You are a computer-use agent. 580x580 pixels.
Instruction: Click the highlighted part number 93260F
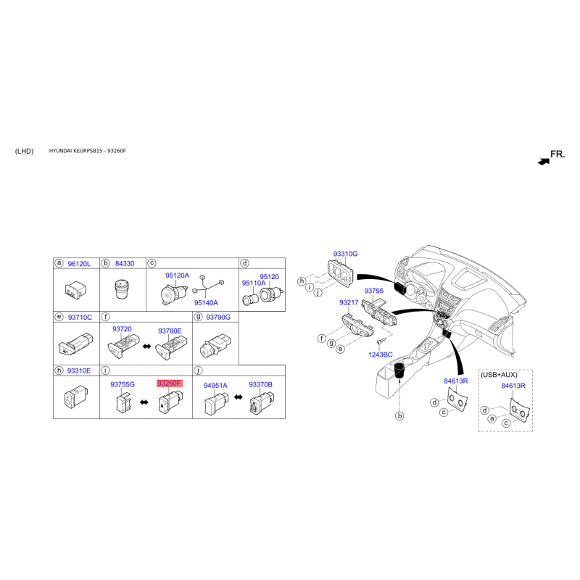click(x=169, y=384)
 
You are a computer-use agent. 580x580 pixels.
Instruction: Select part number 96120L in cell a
click(x=79, y=264)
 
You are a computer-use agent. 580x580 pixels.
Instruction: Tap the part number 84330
click(x=125, y=263)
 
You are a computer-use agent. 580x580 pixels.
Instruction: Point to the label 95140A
click(x=206, y=302)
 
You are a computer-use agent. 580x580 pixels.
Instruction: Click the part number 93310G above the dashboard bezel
click(x=346, y=254)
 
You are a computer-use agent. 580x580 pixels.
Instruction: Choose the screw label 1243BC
click(x=380, y=355)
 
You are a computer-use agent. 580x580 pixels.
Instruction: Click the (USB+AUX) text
click(x=499, y=375)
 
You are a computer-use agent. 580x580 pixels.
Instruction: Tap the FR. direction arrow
click(x=544, y=162)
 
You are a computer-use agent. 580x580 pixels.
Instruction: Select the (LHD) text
click(x=25, y=151)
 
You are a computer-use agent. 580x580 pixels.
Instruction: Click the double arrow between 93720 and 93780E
click(x=147, y=347)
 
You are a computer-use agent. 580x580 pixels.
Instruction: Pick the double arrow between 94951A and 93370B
click(x=239, y=397)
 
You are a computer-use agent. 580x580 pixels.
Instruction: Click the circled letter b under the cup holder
click(x=399, y=415)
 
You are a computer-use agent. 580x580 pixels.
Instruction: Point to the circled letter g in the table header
click(x=198, y=317)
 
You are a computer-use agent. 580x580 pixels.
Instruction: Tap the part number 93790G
click(x=218, y=317)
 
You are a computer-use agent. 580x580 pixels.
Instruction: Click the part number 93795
click(x=373, y=291)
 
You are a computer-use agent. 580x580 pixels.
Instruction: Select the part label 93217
click(x=349, y=302)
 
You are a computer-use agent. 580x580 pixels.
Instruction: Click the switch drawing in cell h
click(x=76, y=397)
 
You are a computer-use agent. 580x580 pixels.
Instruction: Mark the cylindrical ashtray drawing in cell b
click(x=122, y=289)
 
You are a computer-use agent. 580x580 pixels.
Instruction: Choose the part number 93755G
click(x=123, y=384)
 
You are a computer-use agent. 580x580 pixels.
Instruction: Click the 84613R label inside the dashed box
click(x=513, y=386)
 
